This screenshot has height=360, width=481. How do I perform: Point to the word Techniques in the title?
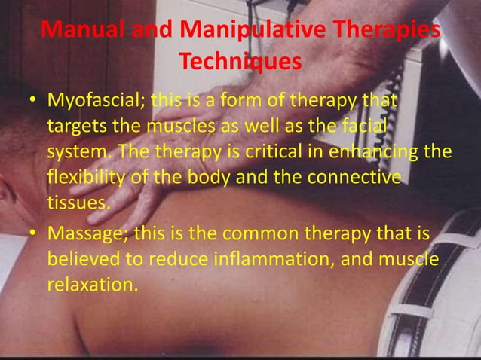(240, 63)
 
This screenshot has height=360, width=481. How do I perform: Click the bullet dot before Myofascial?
(35, 101)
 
